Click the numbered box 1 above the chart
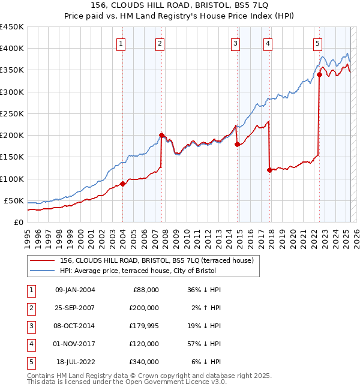[121, 43]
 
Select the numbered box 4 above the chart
[267, 43]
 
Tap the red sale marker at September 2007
[161, 135]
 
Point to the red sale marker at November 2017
[269, 170]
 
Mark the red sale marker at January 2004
[122, 184]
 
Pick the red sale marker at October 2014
[237, 144]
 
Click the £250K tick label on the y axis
[11, 113]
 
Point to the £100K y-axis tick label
[11, 179]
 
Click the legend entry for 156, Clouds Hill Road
[157, 260]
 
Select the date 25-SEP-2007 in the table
[75, 308]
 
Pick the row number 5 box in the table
[30, 362]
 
